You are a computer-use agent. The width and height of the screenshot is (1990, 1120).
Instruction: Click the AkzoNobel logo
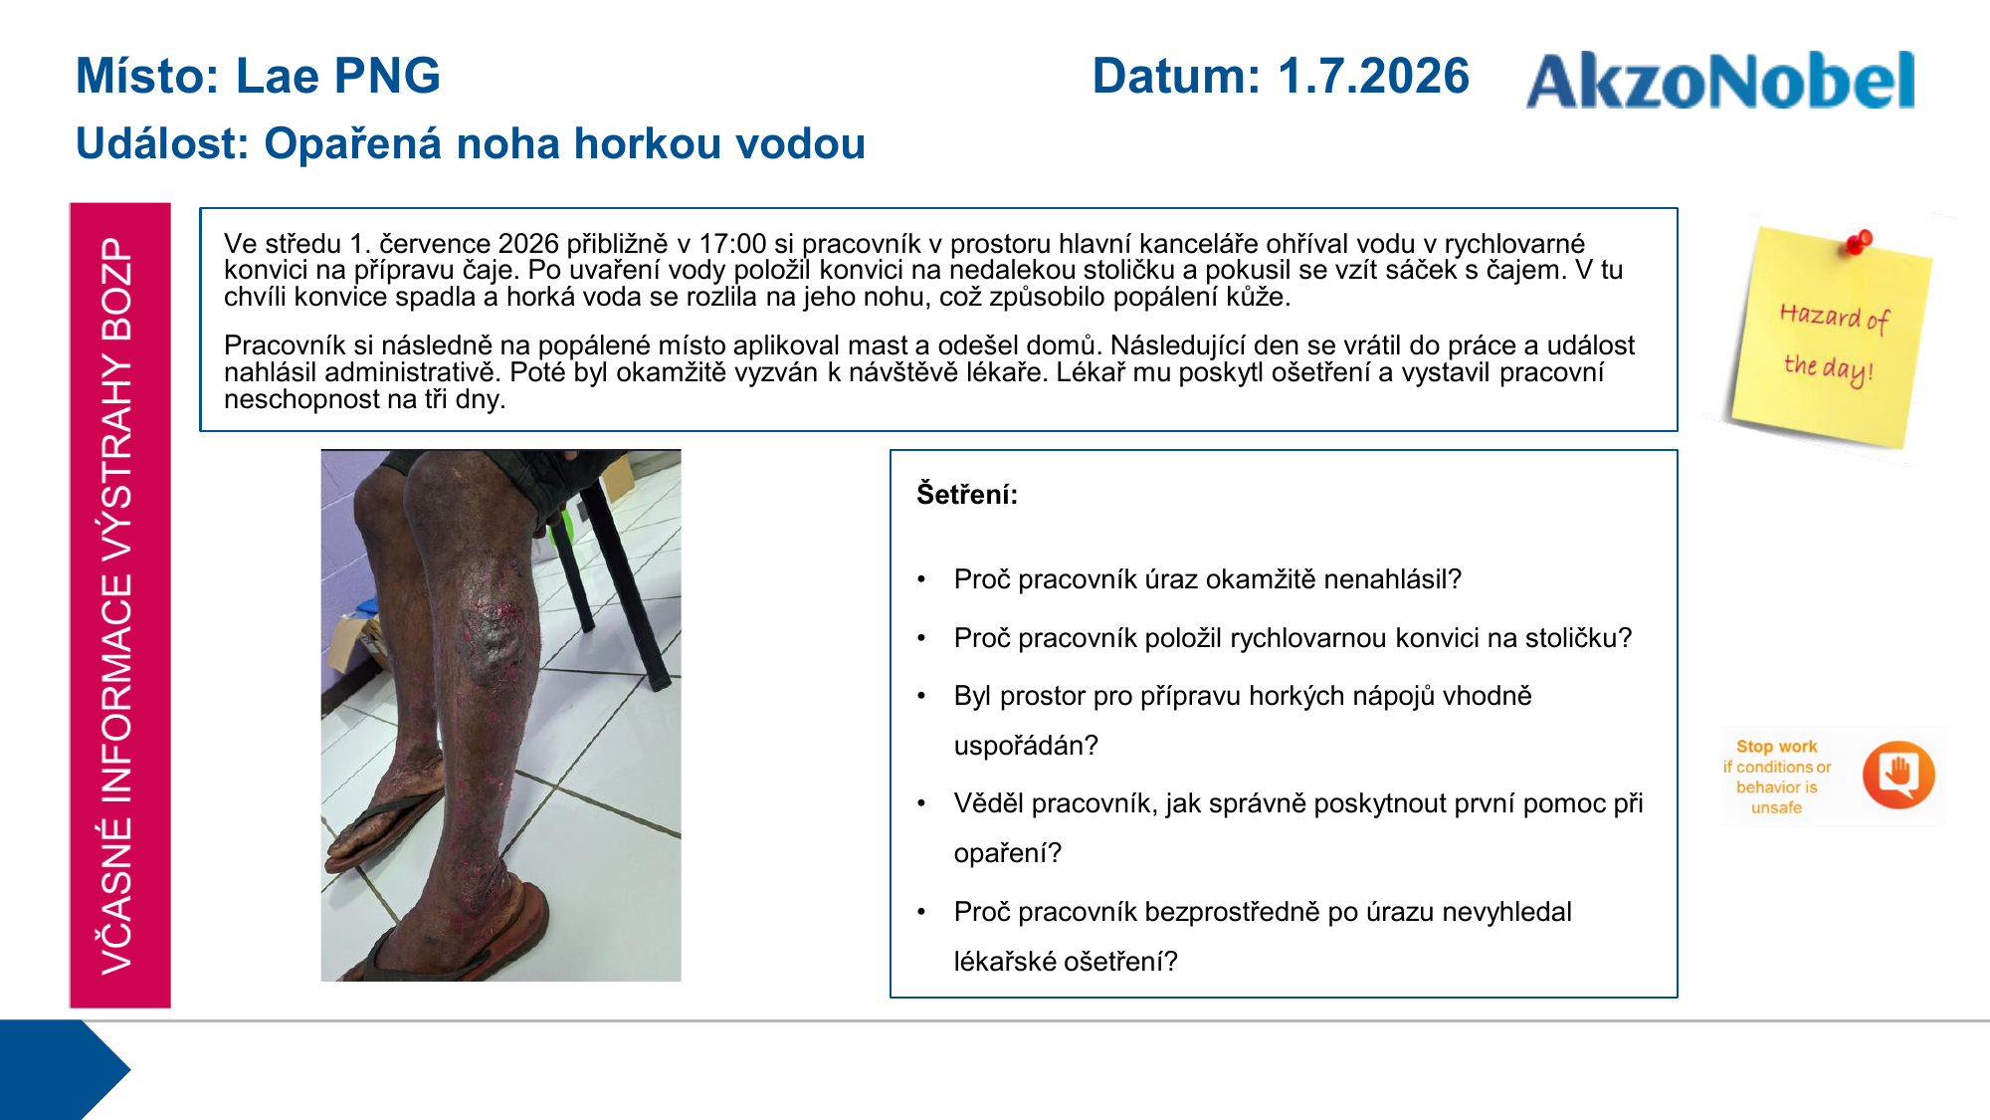pyautogui.click(x=1720, y=80)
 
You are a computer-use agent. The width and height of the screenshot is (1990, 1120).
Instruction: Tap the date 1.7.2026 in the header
pyautogui.click(x=1373, y=76)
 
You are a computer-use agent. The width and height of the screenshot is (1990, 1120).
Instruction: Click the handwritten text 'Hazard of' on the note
pyautogui.click(x=1834, y=317)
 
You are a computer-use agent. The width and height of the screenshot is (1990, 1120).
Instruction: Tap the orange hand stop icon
pyautogui.click(x=1898, y=775)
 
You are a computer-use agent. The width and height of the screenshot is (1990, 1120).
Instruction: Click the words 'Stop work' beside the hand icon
pyautogui.click(x=1776, y=747)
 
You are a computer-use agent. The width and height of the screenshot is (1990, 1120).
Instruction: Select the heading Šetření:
pyautogui.click(x=967, y=494)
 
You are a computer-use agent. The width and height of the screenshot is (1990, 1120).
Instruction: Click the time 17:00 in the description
pyautogui.click(x=732, y=244)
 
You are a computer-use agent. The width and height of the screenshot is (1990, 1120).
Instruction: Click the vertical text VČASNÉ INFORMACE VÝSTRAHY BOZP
pyautogui.click(x=117, y=605)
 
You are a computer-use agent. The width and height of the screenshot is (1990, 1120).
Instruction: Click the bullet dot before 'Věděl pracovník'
pyautogui.click(x=922, y=803)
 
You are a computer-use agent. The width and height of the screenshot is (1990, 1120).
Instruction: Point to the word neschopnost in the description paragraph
pyautogui.click(x=298, y=399)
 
